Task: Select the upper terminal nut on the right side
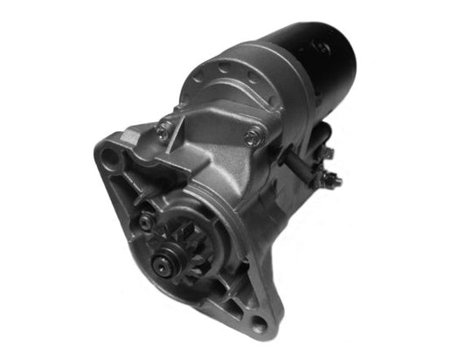point(327,154)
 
